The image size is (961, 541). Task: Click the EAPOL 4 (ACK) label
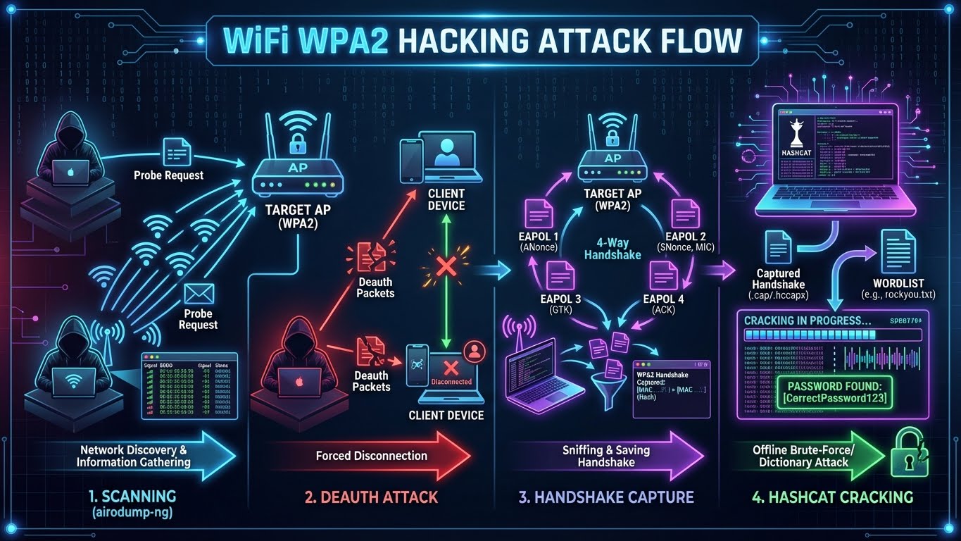(x=663, y=304)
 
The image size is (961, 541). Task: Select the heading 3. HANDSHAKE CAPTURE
(x=606, y=497)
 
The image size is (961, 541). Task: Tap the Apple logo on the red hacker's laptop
(x=299, y=381)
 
